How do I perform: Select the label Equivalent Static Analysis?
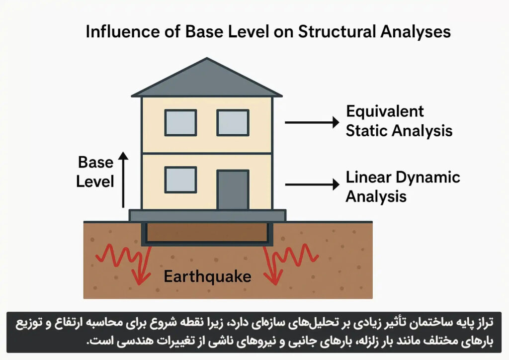(399, 121)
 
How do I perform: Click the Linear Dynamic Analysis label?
(403, 187)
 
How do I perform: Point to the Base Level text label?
(95, 172)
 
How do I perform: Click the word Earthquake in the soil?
(207, 276)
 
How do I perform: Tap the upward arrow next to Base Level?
(123, 180)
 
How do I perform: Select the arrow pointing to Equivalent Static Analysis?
(312, 122)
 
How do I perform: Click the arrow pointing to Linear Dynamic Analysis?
(312, 184)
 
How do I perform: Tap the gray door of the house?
(233, 190)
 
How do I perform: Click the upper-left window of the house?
(180, 123)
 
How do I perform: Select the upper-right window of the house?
(233, 123)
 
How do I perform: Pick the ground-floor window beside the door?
(180, 180)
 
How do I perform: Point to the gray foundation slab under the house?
(207, 215)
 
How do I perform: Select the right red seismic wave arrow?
(290, 263)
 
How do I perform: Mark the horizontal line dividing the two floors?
(207, 153)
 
